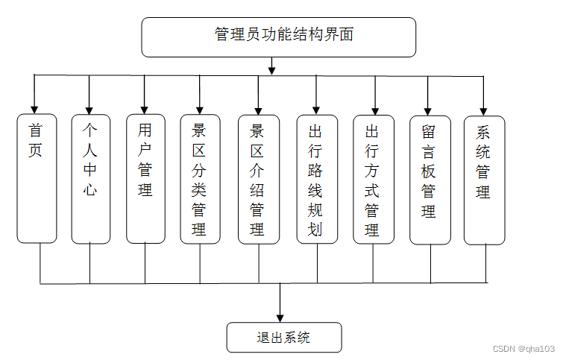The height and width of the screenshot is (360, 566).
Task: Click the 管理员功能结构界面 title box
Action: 278,37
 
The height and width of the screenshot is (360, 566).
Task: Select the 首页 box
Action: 37,179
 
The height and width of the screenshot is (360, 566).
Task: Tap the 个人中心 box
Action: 90,179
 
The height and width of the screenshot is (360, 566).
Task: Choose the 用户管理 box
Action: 145,179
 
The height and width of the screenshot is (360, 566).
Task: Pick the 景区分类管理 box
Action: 200,179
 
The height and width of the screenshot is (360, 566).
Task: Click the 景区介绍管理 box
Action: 258,179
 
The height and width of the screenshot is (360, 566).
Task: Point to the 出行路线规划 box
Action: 316,179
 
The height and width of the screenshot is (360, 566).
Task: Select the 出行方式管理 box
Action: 373,179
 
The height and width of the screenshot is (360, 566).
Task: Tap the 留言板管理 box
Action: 430,179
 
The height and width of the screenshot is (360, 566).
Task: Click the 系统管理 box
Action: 484,179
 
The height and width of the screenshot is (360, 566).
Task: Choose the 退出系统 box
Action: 283,337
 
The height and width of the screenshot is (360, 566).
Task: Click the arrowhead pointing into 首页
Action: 34,109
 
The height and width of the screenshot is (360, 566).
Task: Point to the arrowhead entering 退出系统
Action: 281,316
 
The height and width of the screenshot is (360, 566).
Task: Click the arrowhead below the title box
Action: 271,70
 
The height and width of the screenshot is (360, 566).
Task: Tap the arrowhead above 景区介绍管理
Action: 258,109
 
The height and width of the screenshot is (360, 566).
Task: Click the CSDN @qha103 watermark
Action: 524,348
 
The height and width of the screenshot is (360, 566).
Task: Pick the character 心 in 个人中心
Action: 90,190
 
